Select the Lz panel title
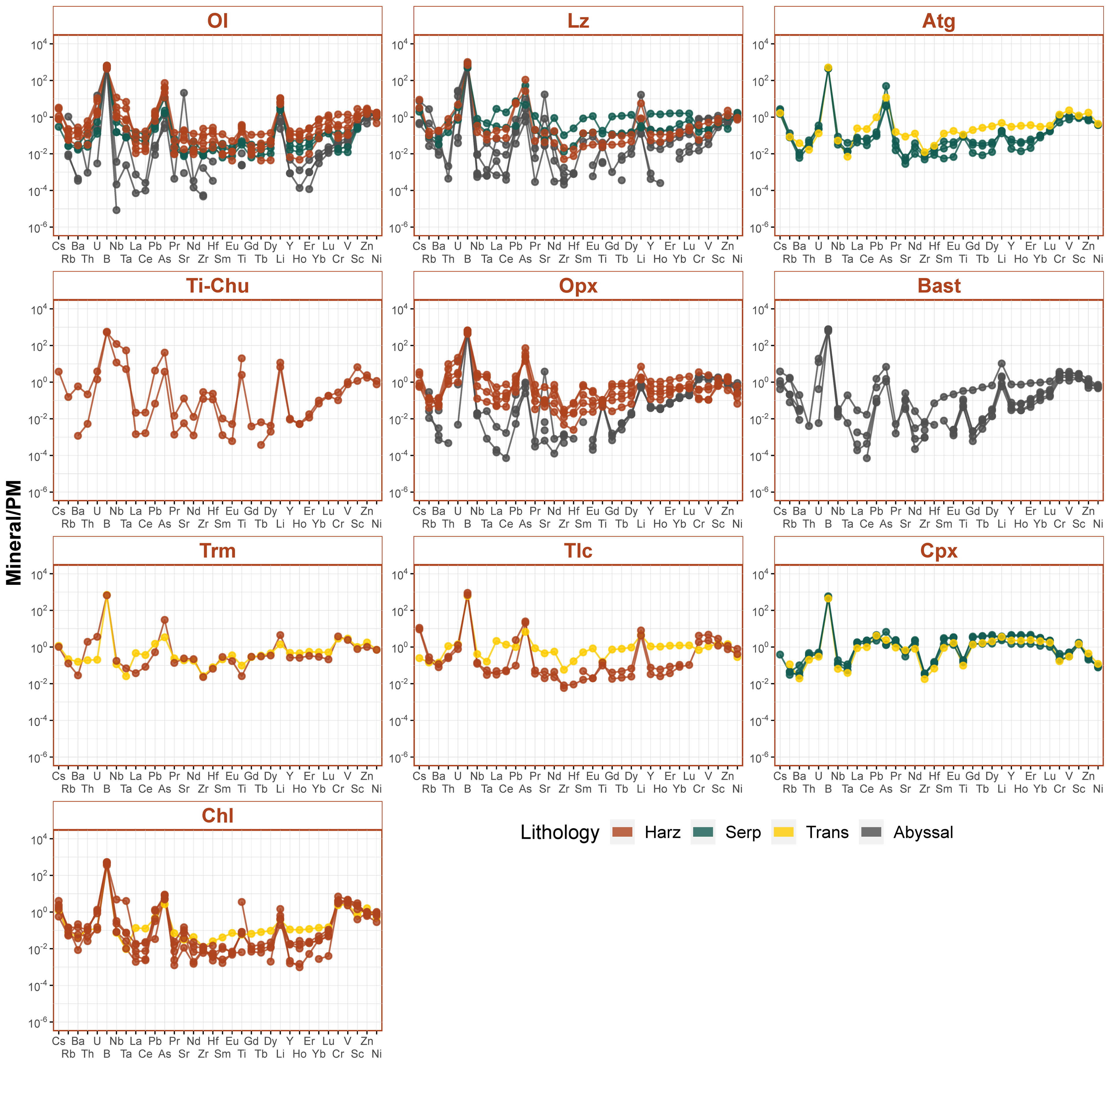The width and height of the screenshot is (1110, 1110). (x=578, y=21)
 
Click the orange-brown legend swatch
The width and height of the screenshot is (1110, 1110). (x=622, y=832)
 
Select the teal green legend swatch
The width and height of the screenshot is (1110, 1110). (x=703, y=832)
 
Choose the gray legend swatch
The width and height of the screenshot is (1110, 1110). (x=871, y=832)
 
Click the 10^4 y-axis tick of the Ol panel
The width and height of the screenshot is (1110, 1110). (x=39, y=45)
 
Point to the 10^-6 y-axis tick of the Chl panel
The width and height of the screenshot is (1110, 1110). (x=39, y=1023)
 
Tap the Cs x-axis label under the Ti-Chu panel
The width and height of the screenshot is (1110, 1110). (x=59, y=511)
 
